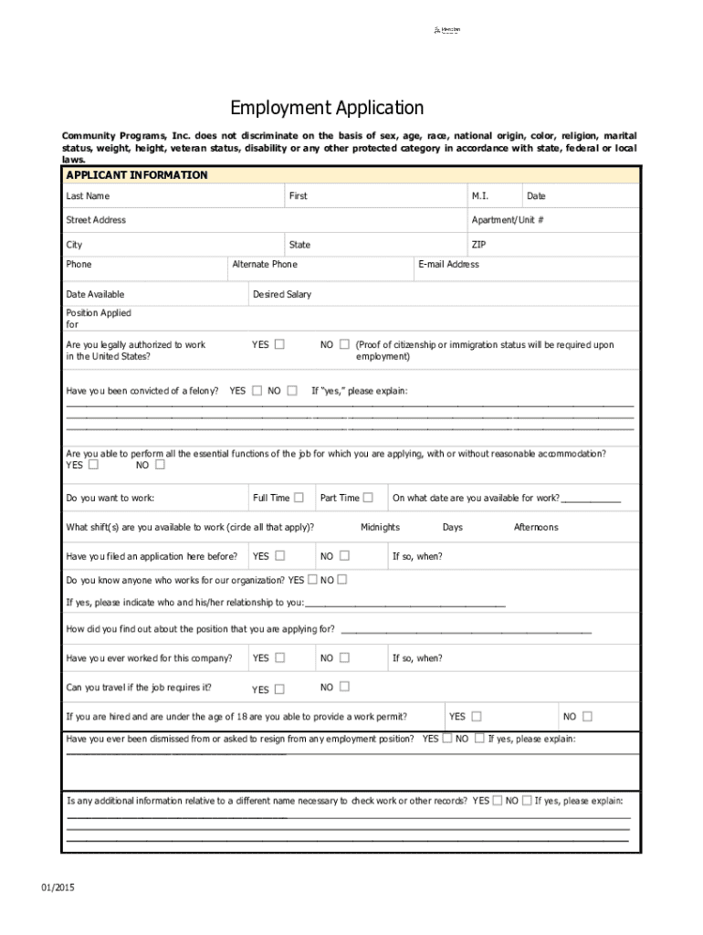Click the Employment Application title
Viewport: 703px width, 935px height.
(x=327, y=109)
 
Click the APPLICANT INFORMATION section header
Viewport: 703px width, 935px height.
(x=136, y=175)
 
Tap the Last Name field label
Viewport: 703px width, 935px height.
(x=88, y=196)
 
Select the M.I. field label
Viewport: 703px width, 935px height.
(x=480, y=196)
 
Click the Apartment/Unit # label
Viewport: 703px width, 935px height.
(x=508, y=220)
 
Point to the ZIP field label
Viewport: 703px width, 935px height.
(x=478, y=245)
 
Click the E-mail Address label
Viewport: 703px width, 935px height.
(x=448, y=265)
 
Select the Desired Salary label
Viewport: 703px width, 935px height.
(x=282, y=295)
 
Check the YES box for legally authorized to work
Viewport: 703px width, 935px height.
(x=279, y=345)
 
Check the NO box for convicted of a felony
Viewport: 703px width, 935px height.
(x=291, y=391)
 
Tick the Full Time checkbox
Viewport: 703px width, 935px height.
(x=299, y=498)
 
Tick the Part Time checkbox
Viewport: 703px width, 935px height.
(x=368, y=498)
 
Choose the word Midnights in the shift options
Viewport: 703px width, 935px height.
(x=380, y=528)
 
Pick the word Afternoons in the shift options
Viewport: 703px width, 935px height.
(x=536, y=528)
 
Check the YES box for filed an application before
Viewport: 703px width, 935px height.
(x=279, y=556)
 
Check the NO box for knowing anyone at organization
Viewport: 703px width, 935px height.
(x=342, y=580)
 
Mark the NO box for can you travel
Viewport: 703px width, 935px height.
(x=344, y=688)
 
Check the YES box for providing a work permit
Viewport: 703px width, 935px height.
(x=477, y=717)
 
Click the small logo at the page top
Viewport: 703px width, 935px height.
(x=446, y=31)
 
